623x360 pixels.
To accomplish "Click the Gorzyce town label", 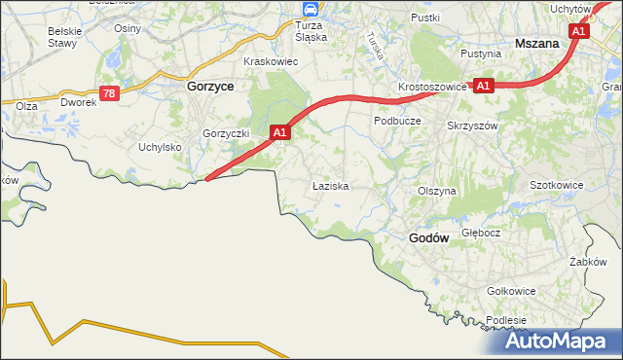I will pyautogui.click(x=208, y=86).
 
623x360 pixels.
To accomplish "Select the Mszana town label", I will pyautogui.click(x=536, y=44).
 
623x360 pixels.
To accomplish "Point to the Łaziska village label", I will pyautogui.click(x=330, y=185).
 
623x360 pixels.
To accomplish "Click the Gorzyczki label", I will pyautogui.click(x=227, y=132).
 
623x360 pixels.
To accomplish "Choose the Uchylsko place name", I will pyautogui.click(x=161, y=147).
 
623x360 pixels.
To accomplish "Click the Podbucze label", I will pyautogui.click(x=397, y=121).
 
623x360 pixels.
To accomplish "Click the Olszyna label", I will pyautogui.click(x=436, y=192).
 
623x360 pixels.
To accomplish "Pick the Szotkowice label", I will pyautogui.click(x=556, y=184).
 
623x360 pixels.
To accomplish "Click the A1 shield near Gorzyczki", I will pyautogui.click(x=280, y=131).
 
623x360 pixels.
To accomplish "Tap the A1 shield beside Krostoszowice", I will pyautogui.click(x=484, y=86).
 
